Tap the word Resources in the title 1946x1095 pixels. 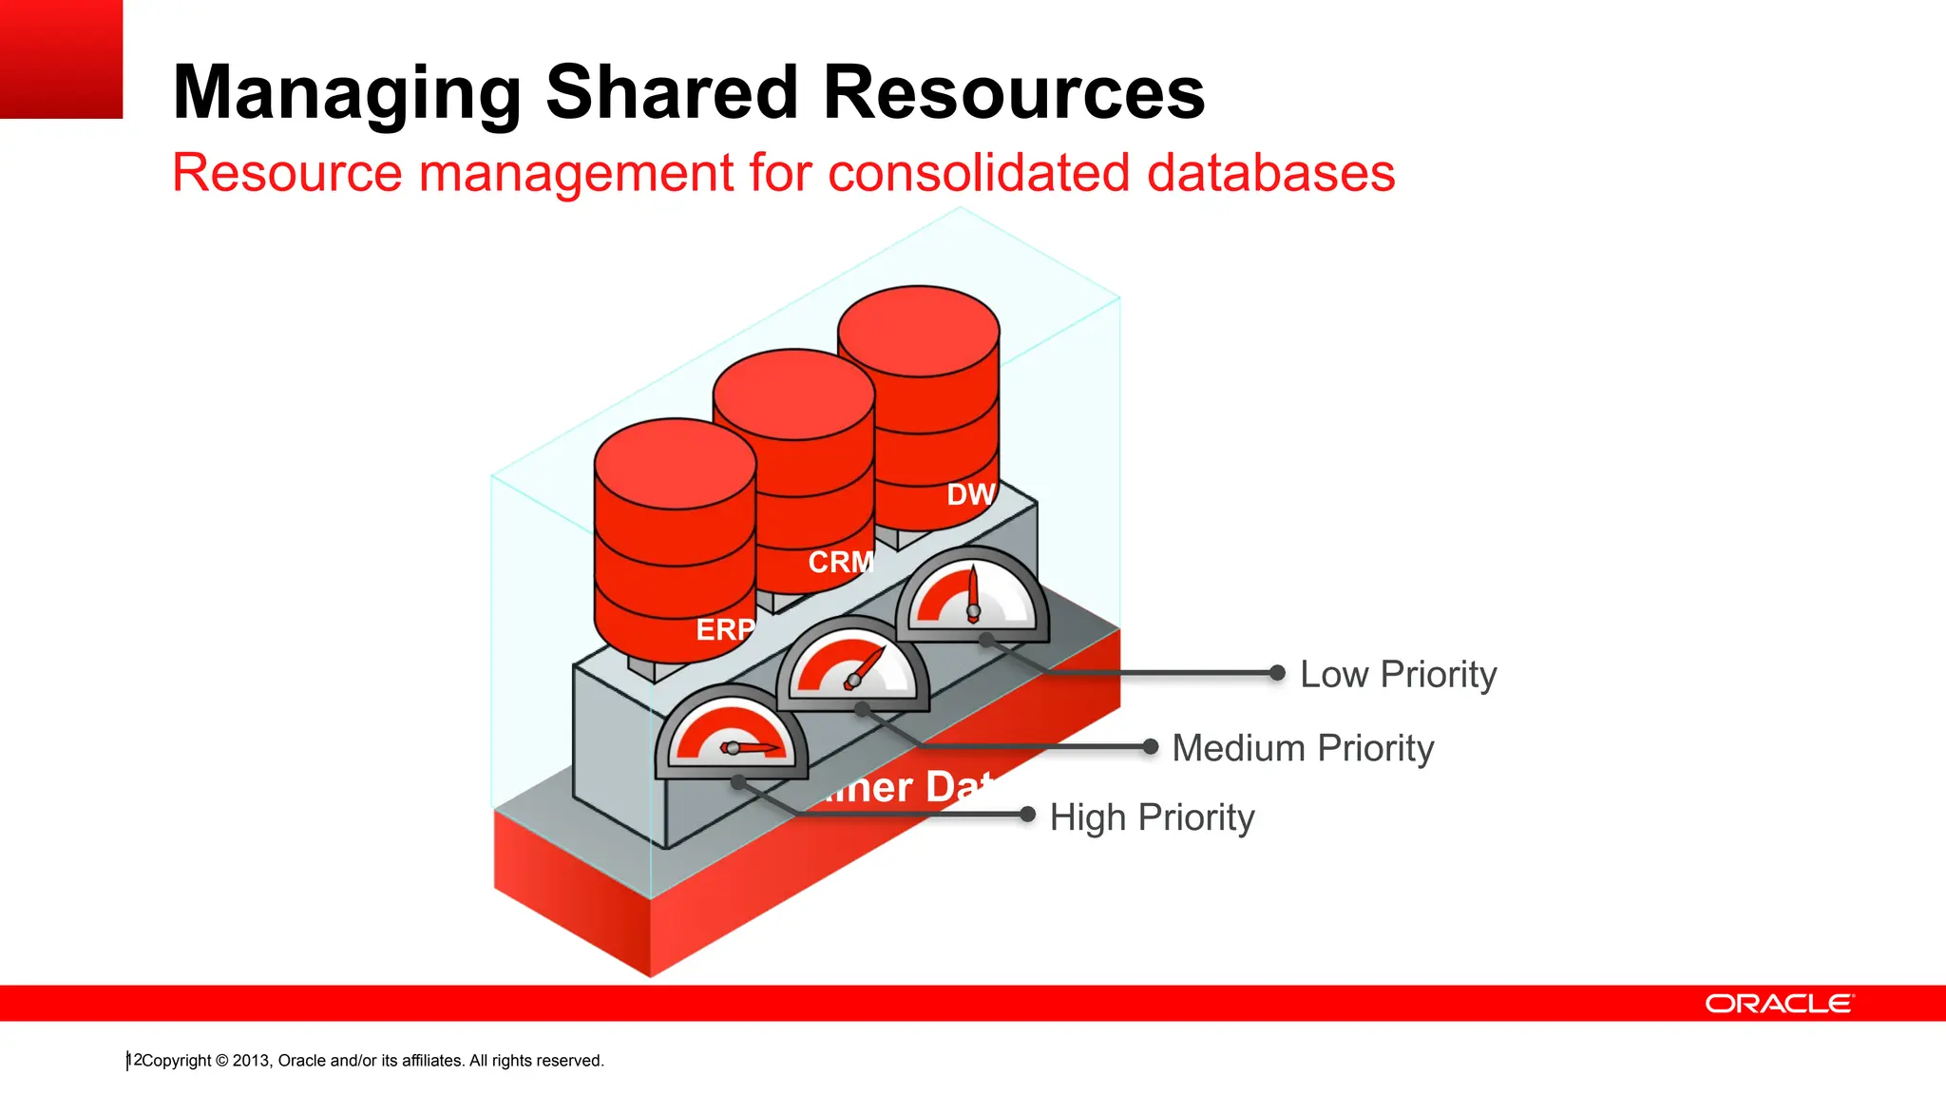click(1014, 92)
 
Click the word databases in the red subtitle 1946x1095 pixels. click(1270, 173)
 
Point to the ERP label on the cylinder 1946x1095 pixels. click(725, 629)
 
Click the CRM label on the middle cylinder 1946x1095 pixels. click(841, 562)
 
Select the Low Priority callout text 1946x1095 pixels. click(1398, 674)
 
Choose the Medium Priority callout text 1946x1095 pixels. click(1303, 748)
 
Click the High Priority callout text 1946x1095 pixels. click(1152, 817)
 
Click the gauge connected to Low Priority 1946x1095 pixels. click(972, 596)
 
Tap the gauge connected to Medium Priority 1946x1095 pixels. click(852, 665)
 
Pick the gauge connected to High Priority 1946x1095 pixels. click(731, 734)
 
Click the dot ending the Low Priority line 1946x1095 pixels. click(1277, 673)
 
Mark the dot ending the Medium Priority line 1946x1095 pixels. click(1150, 747)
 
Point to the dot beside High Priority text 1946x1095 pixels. click(1027, 815)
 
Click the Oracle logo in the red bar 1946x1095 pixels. click(1779, 1004)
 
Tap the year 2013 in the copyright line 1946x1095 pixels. click(251, 1061)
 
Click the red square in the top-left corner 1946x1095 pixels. click(61, 59)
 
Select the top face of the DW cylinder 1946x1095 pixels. click(919, 331)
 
